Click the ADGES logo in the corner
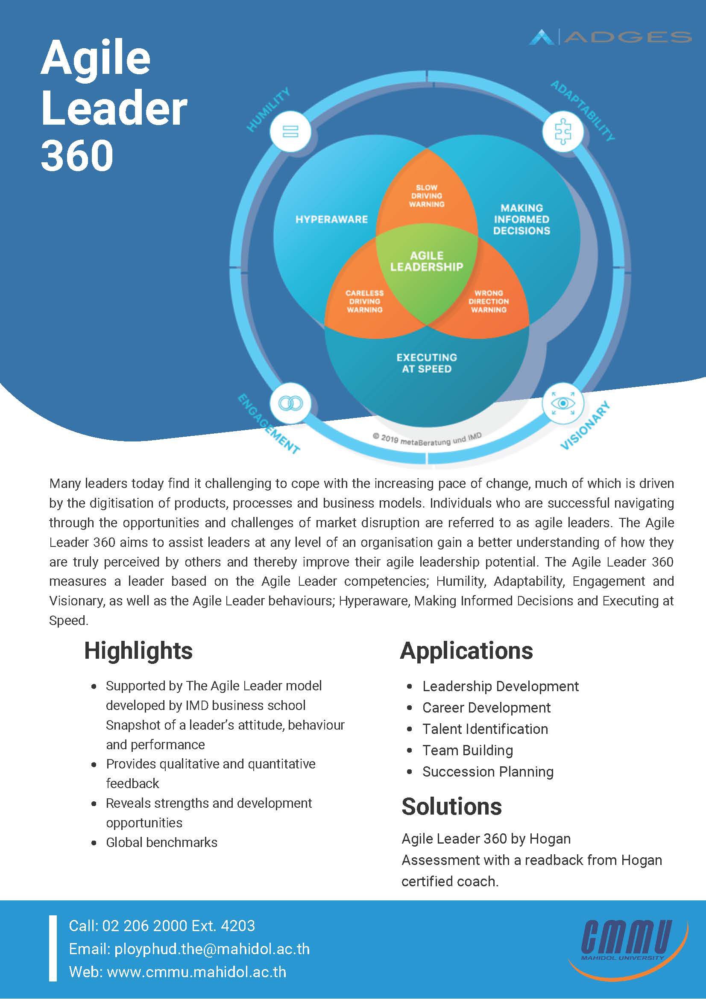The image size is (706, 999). pos(609,38)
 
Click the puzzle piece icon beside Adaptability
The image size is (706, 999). pos(562,131)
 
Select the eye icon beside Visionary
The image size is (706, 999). pos(562,403)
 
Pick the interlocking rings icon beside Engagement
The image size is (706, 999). pos(290,403)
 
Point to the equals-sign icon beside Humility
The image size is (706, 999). pos(290,131)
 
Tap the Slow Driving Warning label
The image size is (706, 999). pos(427,196)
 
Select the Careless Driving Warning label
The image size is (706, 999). pos(364,301)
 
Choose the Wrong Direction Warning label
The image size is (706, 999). pos(488,301)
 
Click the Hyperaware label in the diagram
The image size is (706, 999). pos(331,219)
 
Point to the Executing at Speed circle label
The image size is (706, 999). pos(427,363)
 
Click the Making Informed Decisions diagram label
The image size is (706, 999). pos(521,219)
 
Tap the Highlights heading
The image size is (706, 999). pos(138,651)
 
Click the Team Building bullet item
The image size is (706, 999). pos(468,750)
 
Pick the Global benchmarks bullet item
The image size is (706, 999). pos(161,842)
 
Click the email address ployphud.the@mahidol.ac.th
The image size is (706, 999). pos(211,949)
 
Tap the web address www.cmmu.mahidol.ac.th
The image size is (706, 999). pos(196,972)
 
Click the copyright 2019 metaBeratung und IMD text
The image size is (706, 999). pos(427,439)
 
